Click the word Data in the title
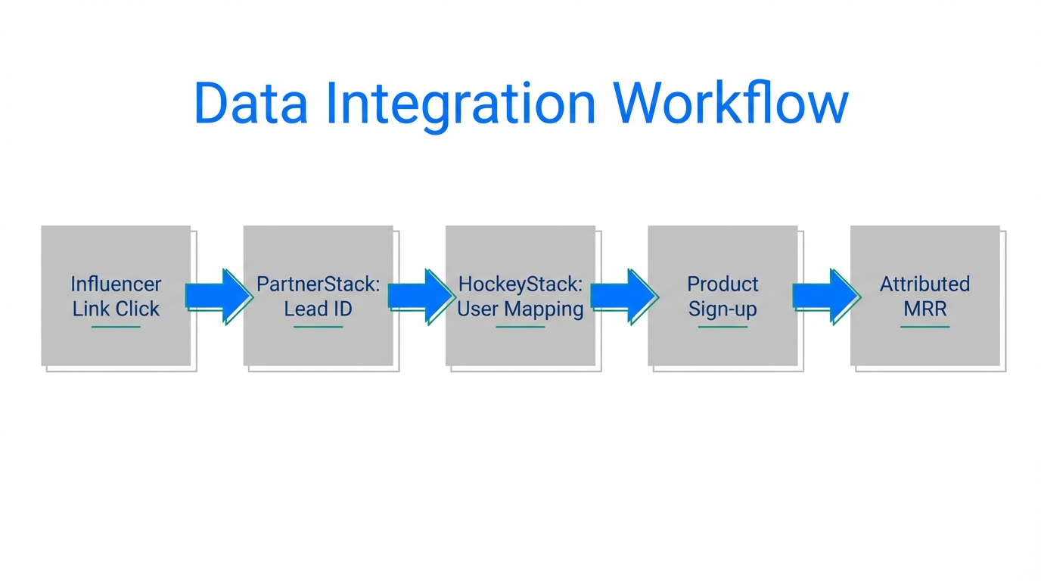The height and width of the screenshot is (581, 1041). (250, 103)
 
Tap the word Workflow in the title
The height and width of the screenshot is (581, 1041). (731, 103)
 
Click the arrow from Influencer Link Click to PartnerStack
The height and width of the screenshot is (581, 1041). (218, 296)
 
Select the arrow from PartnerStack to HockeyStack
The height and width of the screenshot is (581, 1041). (420, 296)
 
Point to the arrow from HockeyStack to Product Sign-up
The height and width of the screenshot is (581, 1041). (623, 296)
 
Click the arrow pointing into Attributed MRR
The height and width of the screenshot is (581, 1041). (825, 296)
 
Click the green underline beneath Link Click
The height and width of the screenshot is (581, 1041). (116, 327)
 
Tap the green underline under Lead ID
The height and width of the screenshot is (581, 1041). (318, 327)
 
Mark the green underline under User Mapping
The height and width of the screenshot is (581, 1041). (520, 327)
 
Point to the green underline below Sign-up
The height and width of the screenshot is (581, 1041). (722, 327)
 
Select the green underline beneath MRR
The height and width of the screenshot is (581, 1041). (924, 327)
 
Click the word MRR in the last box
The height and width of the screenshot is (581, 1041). (924, 309)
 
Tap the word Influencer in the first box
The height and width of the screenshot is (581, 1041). (116, 284)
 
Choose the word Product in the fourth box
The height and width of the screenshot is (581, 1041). (722, 284)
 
